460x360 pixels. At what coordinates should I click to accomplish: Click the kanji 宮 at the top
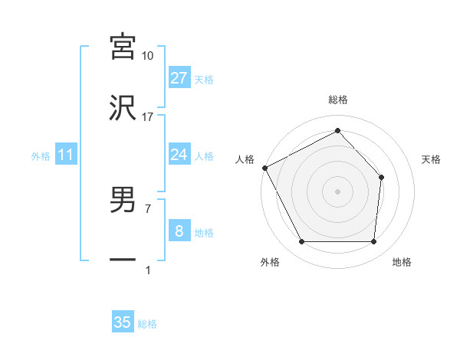[123, 46]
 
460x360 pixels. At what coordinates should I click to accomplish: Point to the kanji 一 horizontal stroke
[123, 260]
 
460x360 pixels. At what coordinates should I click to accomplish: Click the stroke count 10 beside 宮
[147, 56]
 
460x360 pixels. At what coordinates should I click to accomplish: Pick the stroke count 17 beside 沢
[147, 117]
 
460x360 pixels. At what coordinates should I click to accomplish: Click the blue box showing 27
[179, 78]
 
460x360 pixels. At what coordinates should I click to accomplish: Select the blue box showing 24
[179, 155]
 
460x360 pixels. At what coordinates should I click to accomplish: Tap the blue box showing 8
[179, 231]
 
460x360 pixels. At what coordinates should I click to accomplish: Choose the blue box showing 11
[66, 155]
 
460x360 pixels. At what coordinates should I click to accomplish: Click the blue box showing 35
[123, 322]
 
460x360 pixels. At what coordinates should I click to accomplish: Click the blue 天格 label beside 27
[204, 79]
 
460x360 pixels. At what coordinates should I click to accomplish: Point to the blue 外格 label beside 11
[41, 156]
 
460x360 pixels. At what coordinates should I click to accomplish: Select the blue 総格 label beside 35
[147, 324]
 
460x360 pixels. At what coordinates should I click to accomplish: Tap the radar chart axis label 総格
[338, 100]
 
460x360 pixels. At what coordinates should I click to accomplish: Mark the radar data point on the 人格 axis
[264, 167]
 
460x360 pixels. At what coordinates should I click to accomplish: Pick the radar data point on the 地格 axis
[373, 242]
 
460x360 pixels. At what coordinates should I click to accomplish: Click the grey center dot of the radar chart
[338, 191]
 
